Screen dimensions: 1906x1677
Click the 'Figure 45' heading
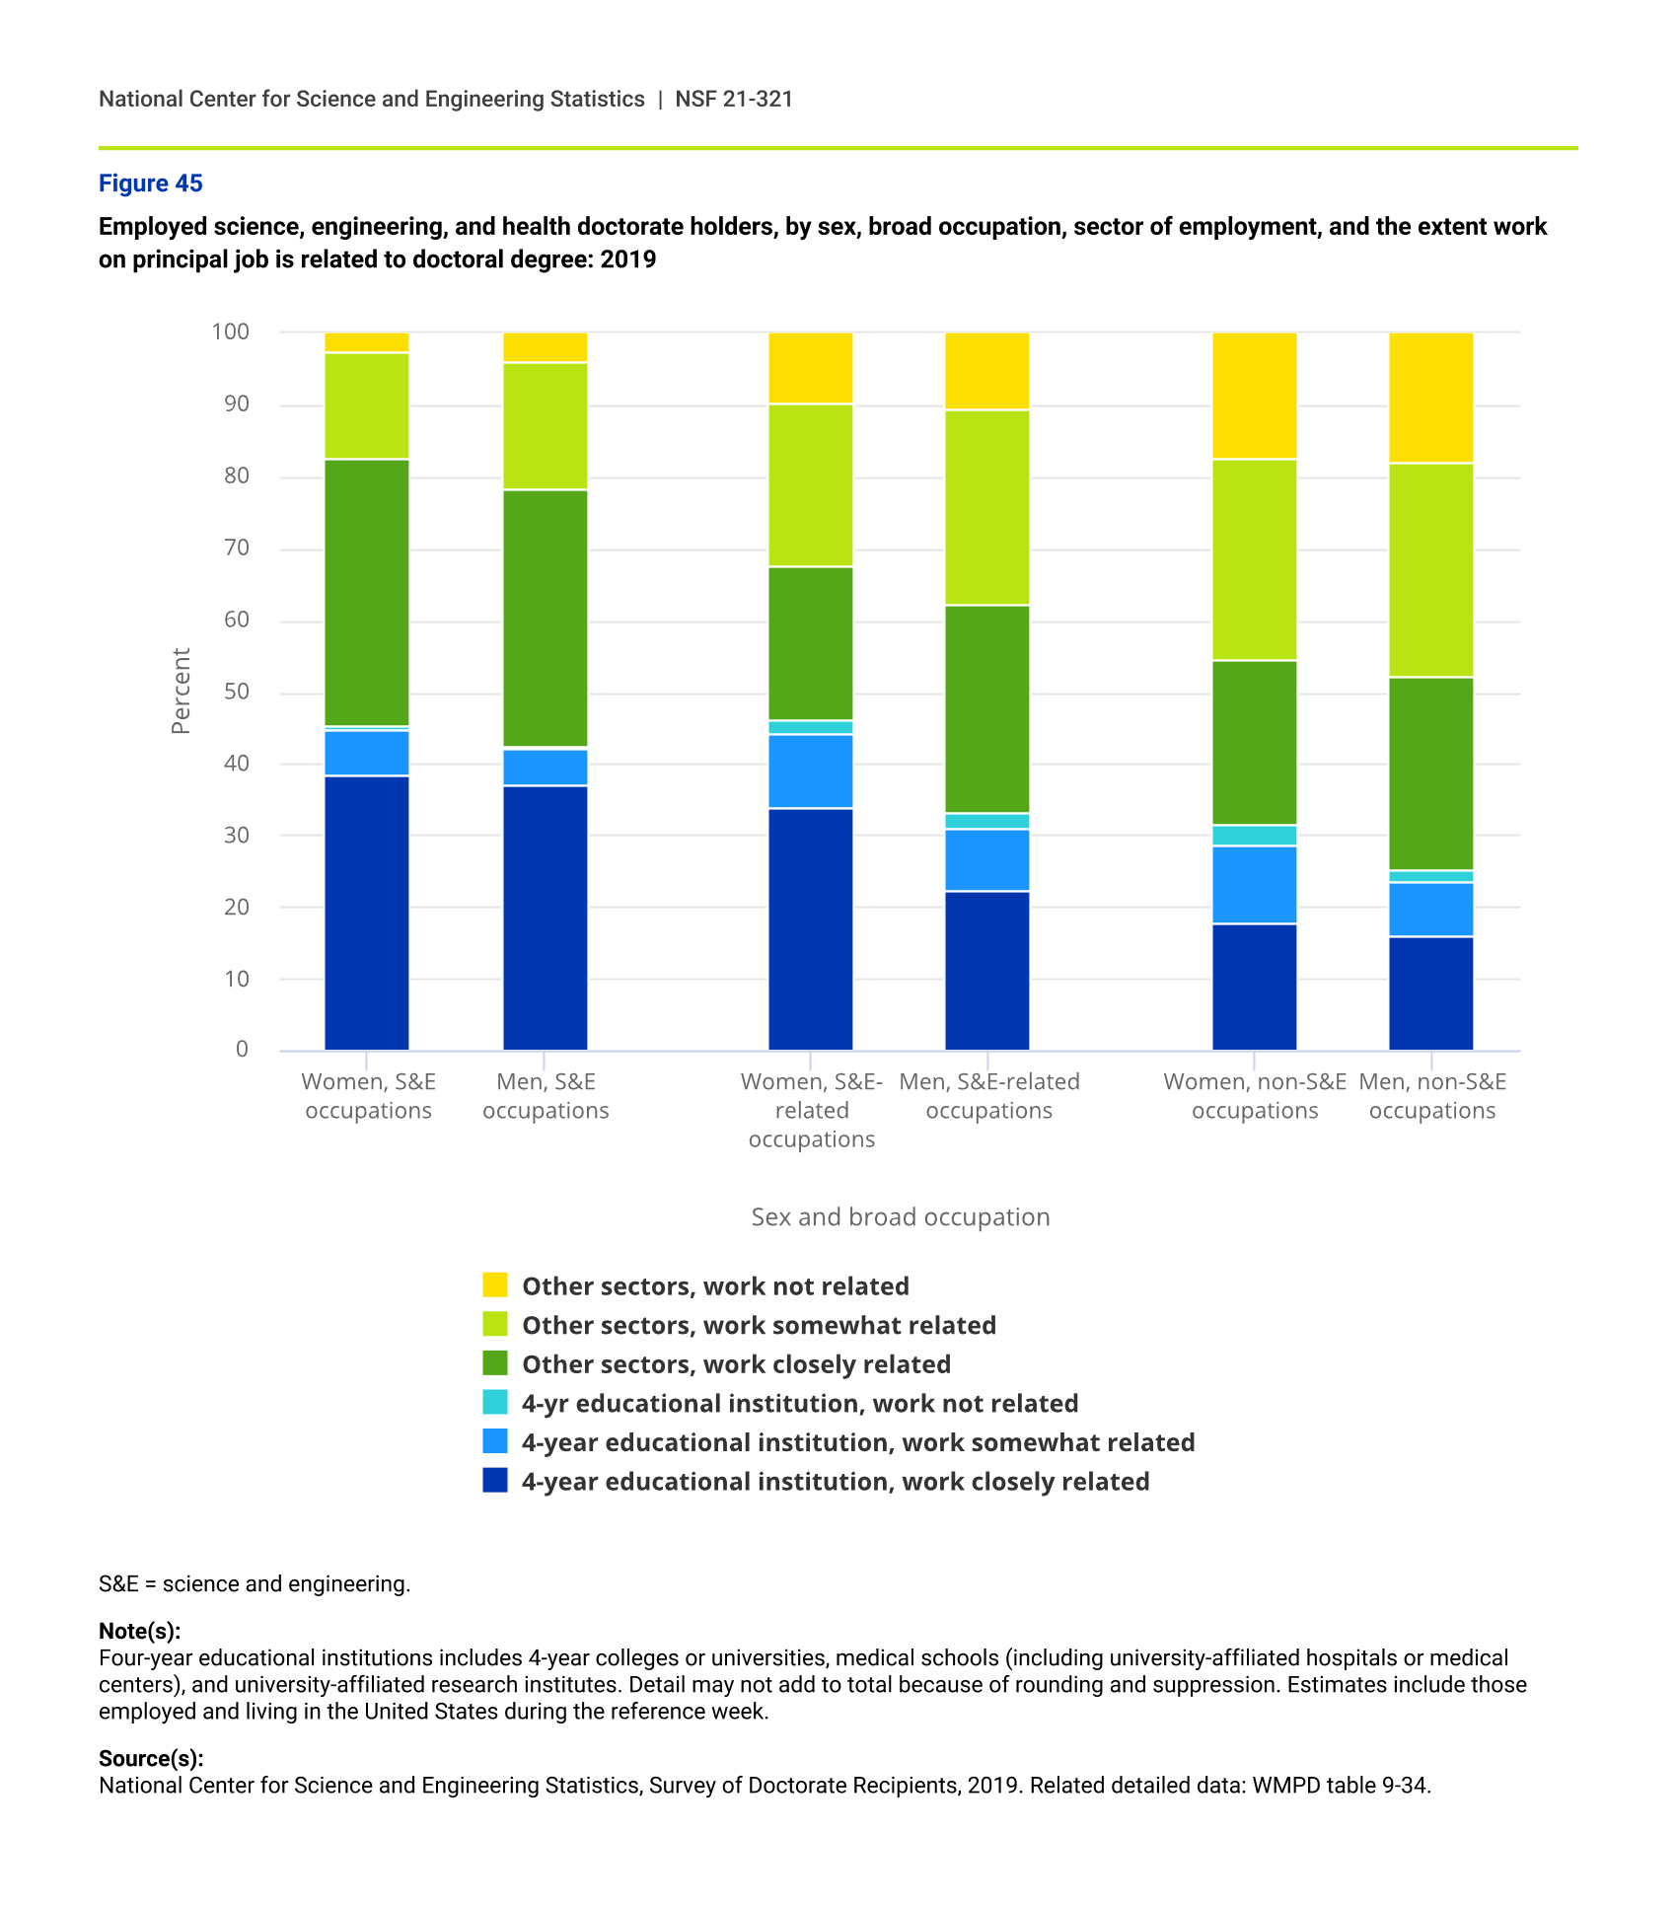coord(150,183)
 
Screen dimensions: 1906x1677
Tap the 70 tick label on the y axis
coord(236,549)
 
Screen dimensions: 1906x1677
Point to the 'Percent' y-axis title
coord(181,691)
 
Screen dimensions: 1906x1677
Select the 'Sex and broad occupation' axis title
coord(900,1216)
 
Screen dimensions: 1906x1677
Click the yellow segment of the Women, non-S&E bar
coord(1254,396)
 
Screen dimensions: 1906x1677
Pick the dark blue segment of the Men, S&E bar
coord(546,917)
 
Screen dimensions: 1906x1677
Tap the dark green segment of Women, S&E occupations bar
coord(367,592)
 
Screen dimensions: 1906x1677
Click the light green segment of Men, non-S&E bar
coord(1430,570)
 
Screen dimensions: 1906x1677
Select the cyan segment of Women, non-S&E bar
coord(1254,836)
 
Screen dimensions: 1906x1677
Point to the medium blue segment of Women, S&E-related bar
coord(810,771)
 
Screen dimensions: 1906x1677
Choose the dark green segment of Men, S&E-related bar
coord(986,708)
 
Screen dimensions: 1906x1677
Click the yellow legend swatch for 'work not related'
coord(495,1285)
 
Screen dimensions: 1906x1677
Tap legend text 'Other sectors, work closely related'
coord(736,1364)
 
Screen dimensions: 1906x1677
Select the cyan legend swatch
coord(495,1403)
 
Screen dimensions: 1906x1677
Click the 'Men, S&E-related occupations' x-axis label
coord(988,1096)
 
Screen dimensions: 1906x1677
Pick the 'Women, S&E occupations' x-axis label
coord(368,1096)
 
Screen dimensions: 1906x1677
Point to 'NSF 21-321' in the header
coord(734,99)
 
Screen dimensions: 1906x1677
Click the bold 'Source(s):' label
coord(151,1758)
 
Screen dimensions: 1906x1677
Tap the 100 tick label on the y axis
coord(231,332)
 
